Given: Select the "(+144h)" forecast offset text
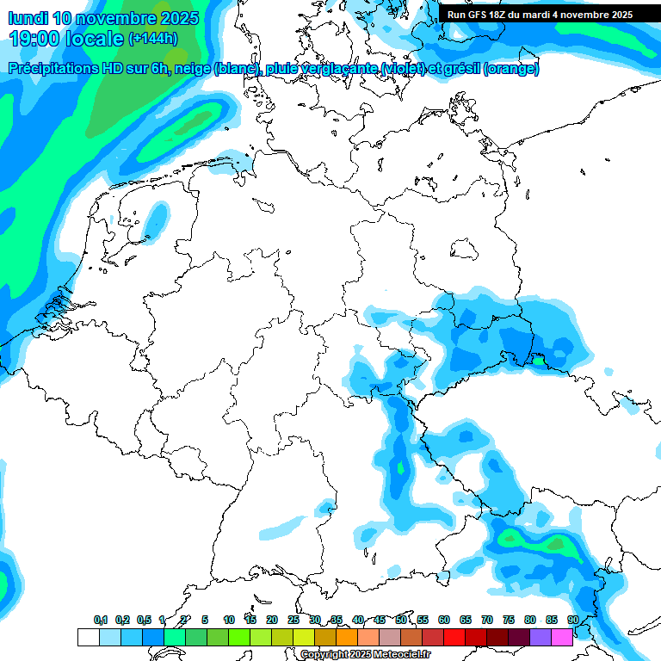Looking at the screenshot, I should (x=153, y=39).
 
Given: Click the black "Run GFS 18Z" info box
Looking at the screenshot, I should (x=540, y=15).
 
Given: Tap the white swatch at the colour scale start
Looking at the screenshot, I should (x=89, y=637).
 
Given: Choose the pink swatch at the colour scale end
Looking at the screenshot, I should (x=562, y=637).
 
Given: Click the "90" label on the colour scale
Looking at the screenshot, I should (x=572, y=620).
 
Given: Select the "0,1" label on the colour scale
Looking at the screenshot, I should (x=101, y=620).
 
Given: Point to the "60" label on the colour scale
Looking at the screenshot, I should (x=444, y=620).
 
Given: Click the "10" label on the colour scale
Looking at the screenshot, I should (x=229, y=620).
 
